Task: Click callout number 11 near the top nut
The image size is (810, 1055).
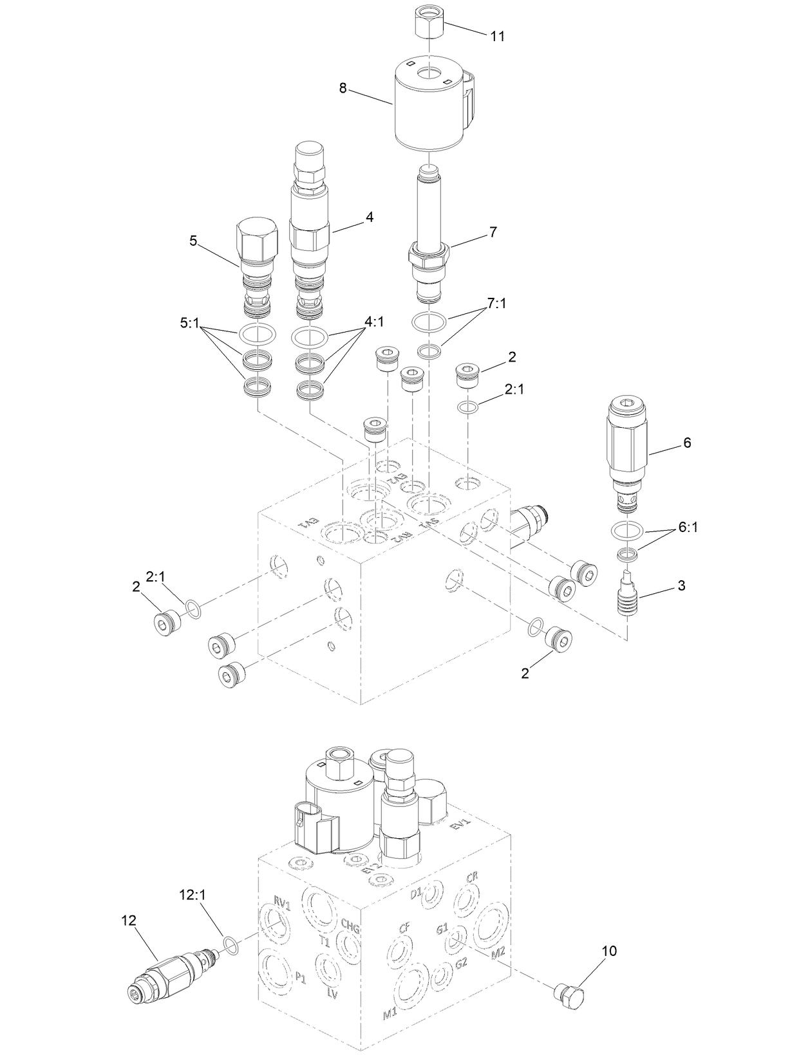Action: point(497,36)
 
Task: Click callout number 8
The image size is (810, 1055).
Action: point(343,89)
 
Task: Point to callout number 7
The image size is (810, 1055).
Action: point(493,232)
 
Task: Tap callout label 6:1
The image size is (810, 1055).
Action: point(687,528)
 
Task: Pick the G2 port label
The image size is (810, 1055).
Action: point(461,964)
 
